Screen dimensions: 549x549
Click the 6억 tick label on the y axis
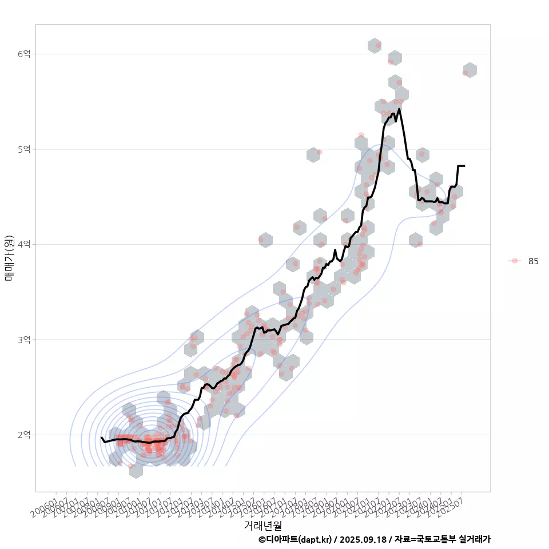23,54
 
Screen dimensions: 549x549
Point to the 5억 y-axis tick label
23,149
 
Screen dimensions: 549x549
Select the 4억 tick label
23,244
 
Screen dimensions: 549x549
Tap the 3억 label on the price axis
23,340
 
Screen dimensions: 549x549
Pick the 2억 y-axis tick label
23,435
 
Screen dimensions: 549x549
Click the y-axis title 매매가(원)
9,258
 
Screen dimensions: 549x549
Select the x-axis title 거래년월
262,525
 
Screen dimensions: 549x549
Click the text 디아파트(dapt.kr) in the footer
296,539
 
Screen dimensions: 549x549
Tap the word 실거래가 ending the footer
475,539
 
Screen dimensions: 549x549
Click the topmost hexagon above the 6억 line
375,46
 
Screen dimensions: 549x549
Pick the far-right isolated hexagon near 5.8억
470,70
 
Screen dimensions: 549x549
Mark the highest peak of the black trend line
399,109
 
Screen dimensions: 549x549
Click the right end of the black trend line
464,166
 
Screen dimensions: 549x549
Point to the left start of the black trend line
101,437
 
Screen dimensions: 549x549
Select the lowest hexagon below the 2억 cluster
136,471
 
